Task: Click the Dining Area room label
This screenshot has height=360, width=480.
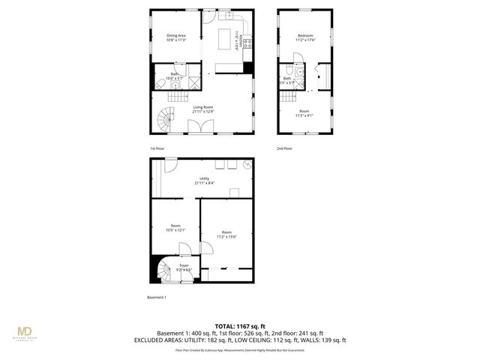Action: pyautogui.click(x=176, y=36)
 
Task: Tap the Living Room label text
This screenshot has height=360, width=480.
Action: pyautogui.click(x=202, y=107)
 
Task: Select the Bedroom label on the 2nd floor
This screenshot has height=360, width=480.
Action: pyautogui.click(x=305, y=36)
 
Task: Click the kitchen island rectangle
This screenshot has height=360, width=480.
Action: pyautogui.click(x=226, y=38)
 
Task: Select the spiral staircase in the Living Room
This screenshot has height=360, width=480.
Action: pyautogui.click(x=165, y=117)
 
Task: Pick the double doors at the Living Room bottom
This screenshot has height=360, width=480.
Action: pyautogui.click(x=199, y=129)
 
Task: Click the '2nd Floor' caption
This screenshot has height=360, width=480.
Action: pyautogui.click(x=285, y=148)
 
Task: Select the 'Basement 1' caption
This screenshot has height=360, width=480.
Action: pyautogui.click(x=156, y=297)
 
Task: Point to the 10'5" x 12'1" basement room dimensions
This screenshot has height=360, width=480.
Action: pyautogui.click(x=175, y=230)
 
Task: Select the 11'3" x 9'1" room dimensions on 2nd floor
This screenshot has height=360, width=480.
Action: pyautogui.click(x=304, y=115)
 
